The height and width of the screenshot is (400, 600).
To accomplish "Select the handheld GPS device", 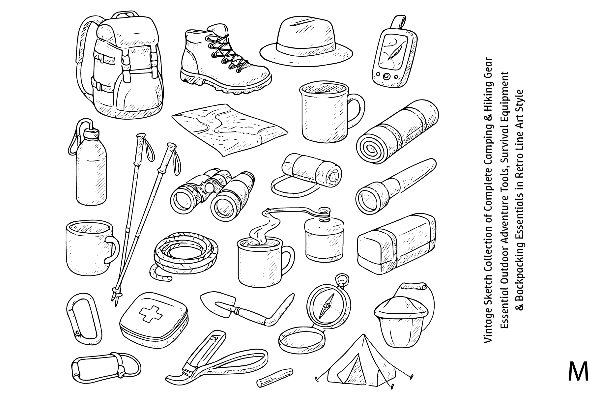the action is point(392,53).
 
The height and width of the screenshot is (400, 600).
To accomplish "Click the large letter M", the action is point(578,371).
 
